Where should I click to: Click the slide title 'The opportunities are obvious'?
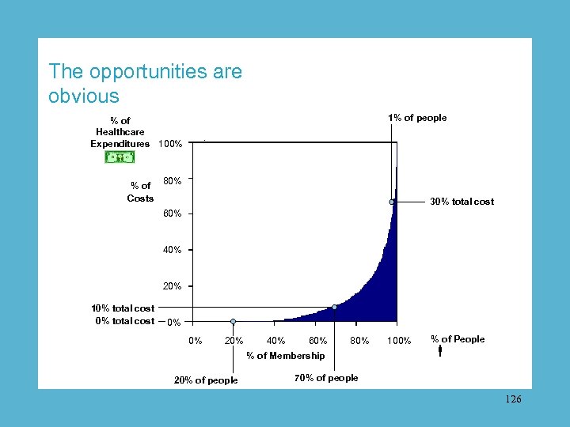(145, 84)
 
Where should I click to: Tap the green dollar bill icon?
(120, 157)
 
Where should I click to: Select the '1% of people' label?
(417, 118)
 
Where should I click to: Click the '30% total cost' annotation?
(462, 202)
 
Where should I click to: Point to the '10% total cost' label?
(123, 308)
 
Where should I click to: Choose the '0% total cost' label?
(124, 320)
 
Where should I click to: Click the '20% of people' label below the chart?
(206, 380)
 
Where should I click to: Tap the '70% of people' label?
(326, 378)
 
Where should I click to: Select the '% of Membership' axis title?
(285, 356)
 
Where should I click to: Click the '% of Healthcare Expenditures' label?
(120, 132)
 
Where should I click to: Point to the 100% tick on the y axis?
(170, 144)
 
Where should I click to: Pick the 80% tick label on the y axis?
(172, 181)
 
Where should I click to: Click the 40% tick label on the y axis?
(172, 250)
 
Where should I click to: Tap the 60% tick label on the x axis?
(317, 341)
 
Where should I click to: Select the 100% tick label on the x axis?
(399, 341)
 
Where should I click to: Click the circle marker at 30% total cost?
(392, 202)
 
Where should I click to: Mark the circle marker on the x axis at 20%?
(233, 322)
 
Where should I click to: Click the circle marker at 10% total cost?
(335, 307)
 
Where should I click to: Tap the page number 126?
(513, 400)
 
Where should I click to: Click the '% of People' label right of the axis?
(458, 339)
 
